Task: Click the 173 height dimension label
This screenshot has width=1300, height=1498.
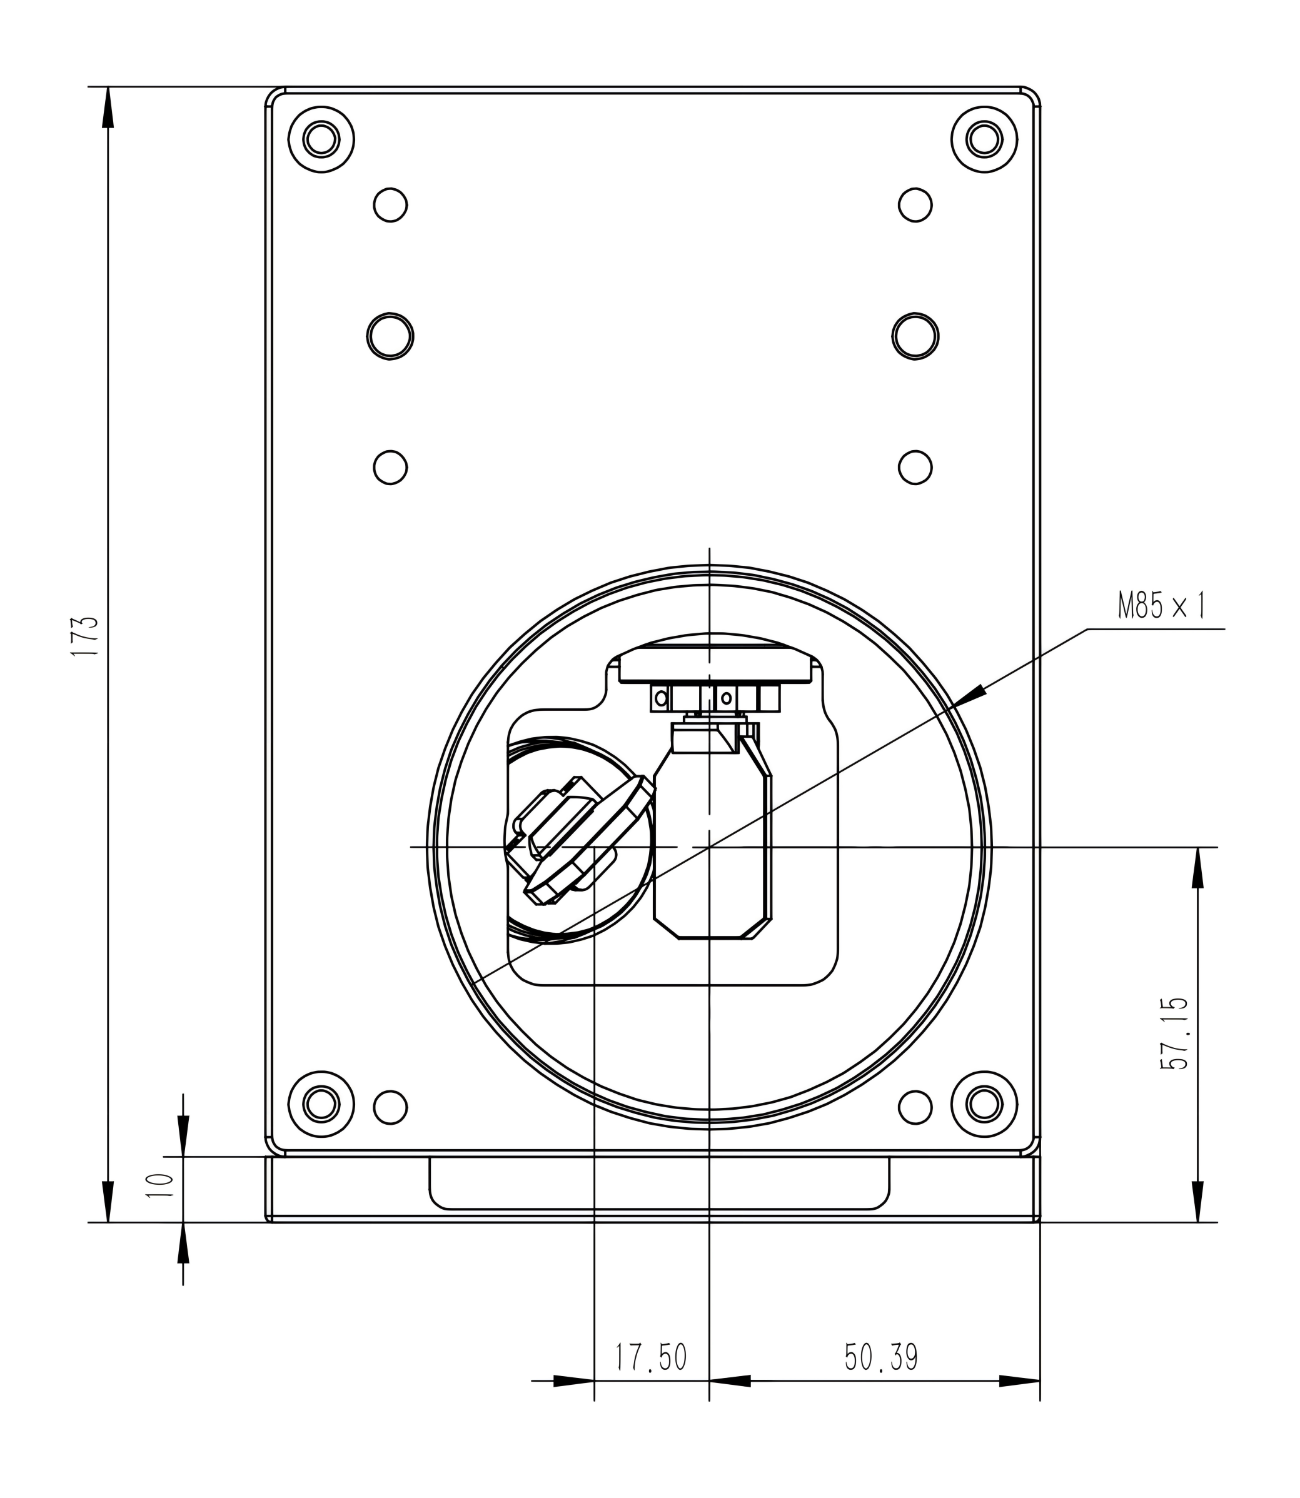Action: [x=84, y=636]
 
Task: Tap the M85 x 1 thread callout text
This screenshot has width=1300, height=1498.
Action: [x=1161, y=605]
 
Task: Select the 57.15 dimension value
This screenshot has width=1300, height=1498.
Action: [x=1174, y=1033]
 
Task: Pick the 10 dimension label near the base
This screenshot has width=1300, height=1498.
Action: [x=160, y=1185]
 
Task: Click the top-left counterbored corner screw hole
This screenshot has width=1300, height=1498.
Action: [x=321, y=139]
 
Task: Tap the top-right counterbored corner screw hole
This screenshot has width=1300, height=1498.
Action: [x=984, y=139]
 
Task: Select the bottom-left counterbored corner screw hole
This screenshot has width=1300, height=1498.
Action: [x=321, y=1103]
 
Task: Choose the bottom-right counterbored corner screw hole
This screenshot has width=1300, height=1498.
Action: [x=984, y=1103]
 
